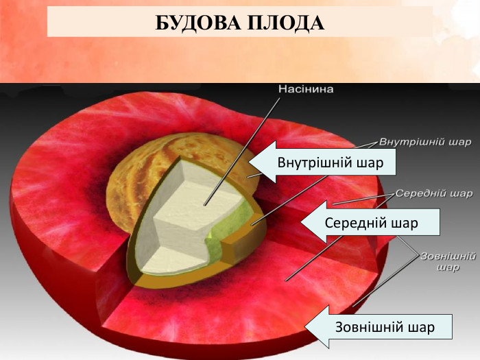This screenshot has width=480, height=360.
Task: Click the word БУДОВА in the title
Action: pos(196,23)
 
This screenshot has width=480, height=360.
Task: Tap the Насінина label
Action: pos(306,88)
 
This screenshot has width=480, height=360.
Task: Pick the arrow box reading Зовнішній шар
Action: pos(384,326)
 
